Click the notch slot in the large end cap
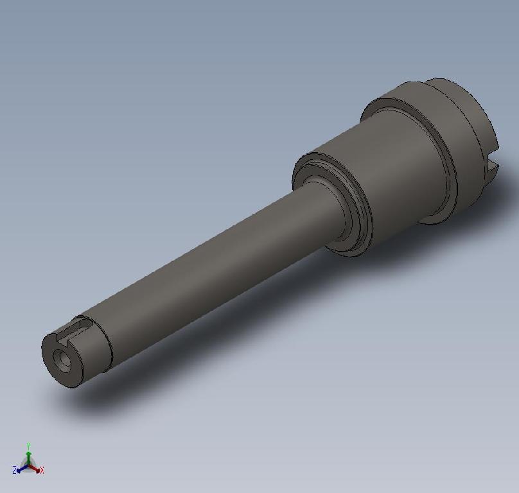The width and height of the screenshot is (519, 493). pyautogui.click(x=492, y=168)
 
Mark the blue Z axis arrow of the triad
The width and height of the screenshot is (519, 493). pyautogui.click(x=21, y=469)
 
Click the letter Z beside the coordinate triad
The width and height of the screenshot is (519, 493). pyautogui.click(x=14, y=471)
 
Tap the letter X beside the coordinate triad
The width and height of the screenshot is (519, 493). pyautogui.click(x=42, y=471)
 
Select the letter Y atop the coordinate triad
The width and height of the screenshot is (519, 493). pyautogui.click(x=28, y=444)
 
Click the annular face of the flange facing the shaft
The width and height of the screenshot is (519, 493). pyautogui.click(x=385, y=109)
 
